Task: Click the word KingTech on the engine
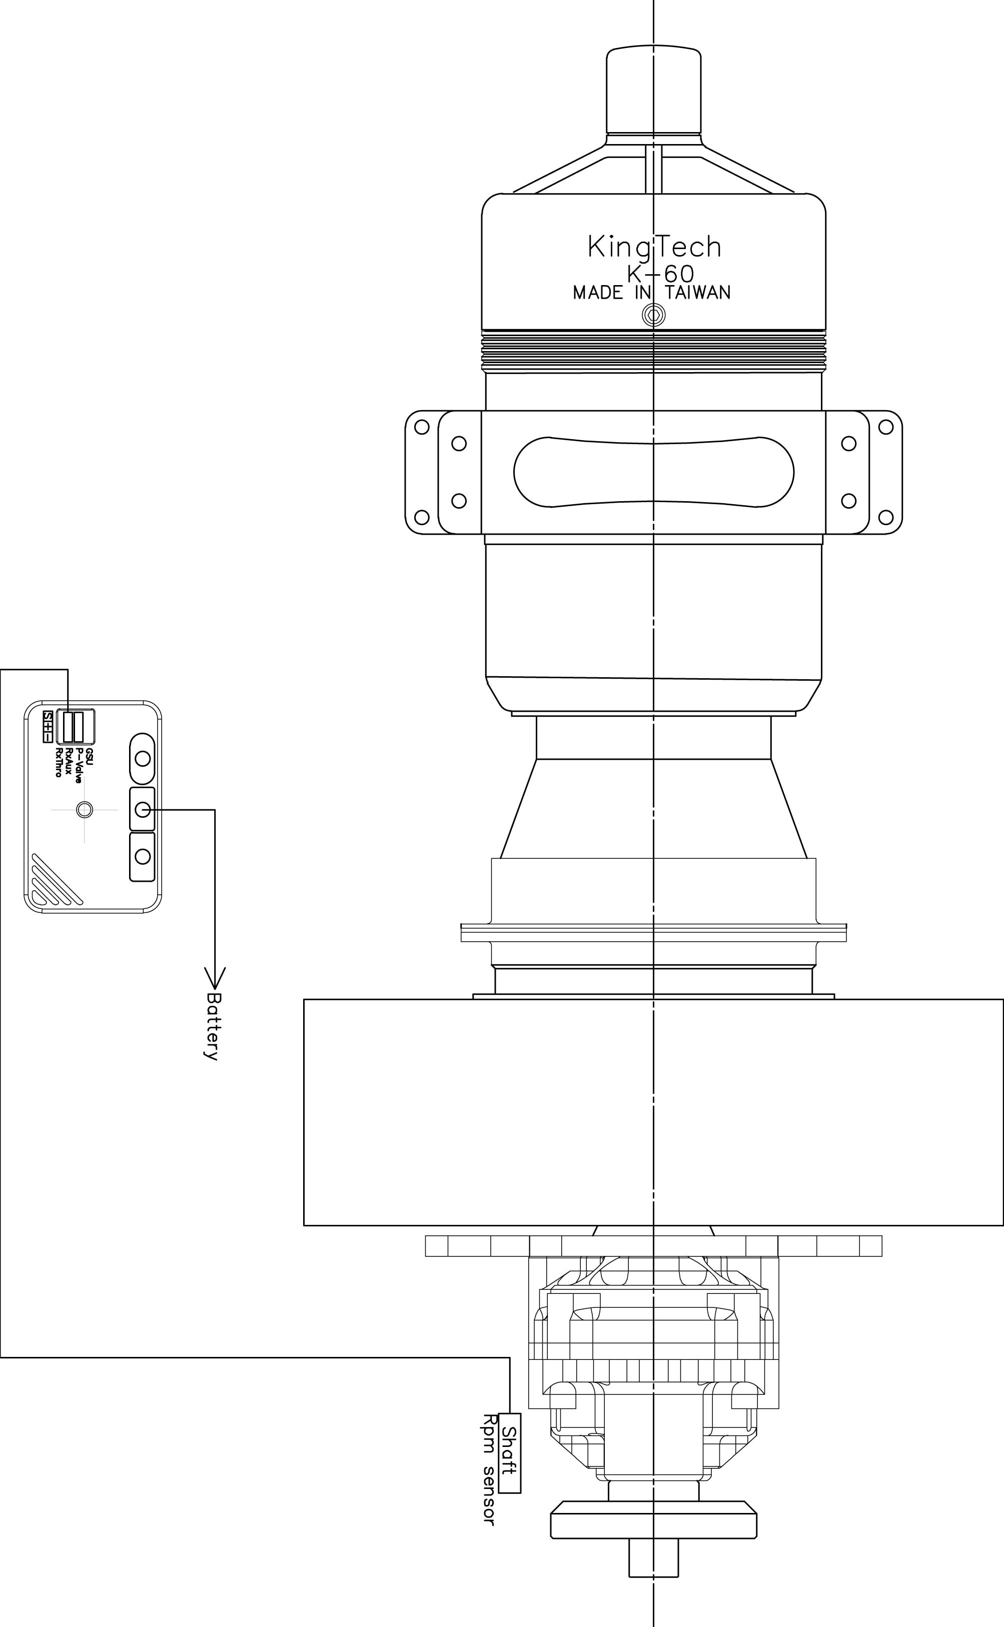654,248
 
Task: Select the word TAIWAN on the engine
697,293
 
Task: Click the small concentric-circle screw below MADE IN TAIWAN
654,315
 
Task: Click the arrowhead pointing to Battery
215,977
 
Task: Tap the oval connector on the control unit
142,758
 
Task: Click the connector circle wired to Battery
142,809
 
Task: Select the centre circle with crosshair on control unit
85,809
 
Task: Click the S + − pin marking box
48,726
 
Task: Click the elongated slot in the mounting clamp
653,471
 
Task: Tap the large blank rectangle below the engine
653,1112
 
